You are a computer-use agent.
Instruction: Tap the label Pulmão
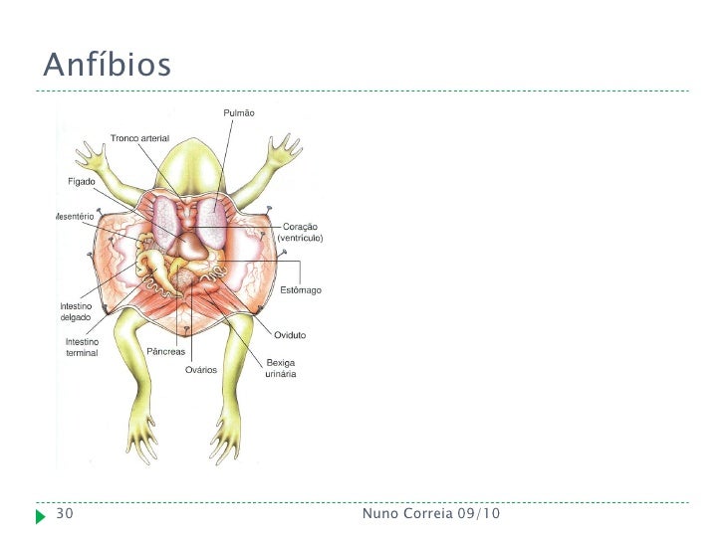pos(237,113)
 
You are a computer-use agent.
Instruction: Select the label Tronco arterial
pos(139,137)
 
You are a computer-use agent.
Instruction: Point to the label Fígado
pos(82,182)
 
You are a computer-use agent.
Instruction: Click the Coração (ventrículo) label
pos(301,233)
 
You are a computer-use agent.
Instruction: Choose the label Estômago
pos(300,289)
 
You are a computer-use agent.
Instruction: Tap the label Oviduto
pos(290,335)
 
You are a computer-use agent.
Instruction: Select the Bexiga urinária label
pos(281,368)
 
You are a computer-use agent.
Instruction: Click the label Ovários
pos(201,370)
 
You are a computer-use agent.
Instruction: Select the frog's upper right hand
pos(287,146)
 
